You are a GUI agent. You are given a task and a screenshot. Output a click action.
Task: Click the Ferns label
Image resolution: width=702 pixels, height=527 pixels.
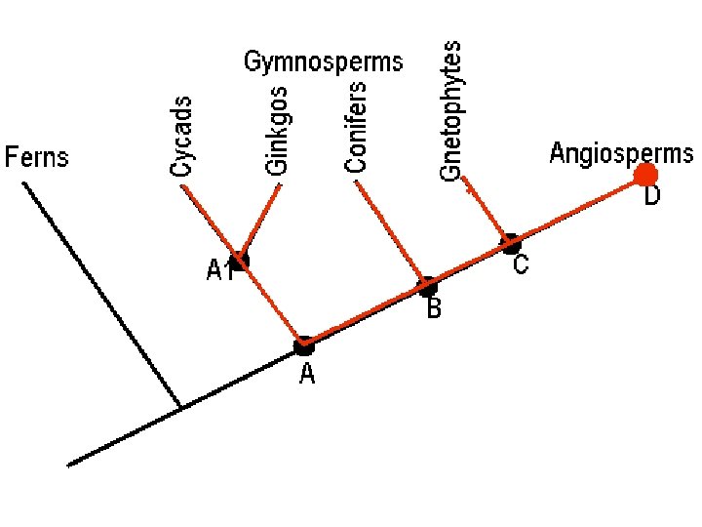coord(38,157)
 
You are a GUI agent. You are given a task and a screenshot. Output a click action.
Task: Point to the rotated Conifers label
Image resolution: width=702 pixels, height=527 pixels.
coord(357,127)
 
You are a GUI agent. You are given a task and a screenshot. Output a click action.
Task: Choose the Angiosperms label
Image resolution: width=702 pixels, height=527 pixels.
coord(621,153)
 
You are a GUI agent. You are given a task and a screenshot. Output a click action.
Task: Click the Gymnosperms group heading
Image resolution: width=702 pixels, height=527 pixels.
coord(323,63)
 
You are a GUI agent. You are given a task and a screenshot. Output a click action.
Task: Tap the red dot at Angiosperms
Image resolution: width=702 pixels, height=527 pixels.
coord(645,175)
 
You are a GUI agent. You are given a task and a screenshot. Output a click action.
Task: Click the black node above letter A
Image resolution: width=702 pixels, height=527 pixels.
coord(304,345)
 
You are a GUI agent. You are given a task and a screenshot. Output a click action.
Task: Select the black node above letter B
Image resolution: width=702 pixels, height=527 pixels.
coord(427,287)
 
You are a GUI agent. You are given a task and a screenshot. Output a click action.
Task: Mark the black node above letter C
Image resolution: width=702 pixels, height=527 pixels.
coord(510,242)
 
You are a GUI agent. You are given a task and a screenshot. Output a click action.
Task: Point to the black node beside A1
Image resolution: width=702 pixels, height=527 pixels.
coord(239,261)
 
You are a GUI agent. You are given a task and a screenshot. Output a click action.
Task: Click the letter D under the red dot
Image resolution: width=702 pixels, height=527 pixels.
coord(651,197)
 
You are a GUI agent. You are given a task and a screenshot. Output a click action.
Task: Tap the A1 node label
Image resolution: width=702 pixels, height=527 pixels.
coord(218,271)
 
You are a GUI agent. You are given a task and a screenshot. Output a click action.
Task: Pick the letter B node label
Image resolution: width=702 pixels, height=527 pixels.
coord(434,310)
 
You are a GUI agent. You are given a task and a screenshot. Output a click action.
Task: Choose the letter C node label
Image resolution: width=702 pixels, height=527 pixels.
coord(521,264)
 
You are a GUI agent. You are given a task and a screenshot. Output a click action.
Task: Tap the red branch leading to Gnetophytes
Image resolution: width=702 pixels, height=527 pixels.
coord(485,208)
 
